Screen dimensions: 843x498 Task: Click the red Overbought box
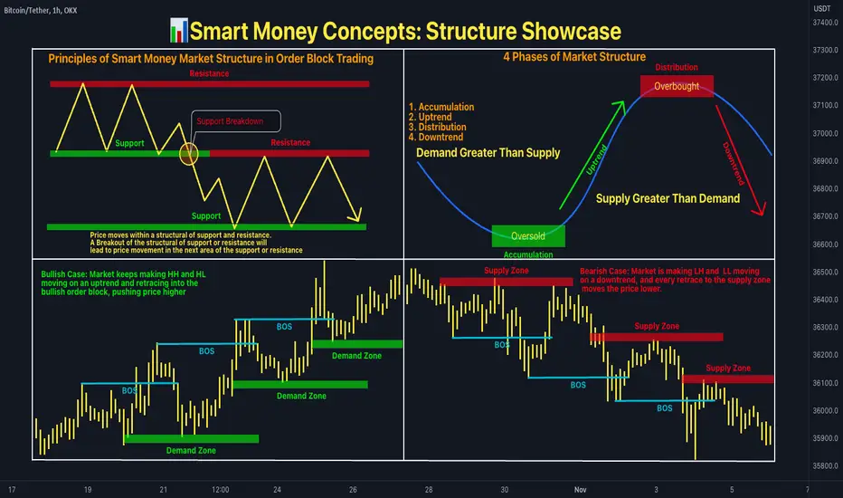(677, 86)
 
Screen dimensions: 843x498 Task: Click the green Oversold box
(528, 235)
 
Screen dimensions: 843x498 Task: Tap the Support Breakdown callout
(235, 121)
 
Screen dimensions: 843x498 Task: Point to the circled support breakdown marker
(188, 154)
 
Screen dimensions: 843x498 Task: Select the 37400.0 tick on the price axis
(825, 23)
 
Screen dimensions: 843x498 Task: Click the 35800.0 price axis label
(825, 465)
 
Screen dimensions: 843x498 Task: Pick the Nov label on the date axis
(580, 489)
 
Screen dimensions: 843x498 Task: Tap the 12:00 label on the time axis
(221, 489)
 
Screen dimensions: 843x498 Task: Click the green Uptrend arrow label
(596, 160)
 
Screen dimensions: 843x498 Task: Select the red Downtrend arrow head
(759, 209)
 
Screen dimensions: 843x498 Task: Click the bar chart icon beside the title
(178, 31)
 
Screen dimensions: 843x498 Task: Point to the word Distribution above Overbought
(677, 67)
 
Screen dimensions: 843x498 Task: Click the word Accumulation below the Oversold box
(528, 254)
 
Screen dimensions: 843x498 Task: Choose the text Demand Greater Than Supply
(488, 153)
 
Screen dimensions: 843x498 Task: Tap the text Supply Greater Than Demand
(668, 198)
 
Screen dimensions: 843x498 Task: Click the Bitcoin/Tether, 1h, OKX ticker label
(41, 10)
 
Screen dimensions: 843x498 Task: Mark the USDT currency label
(822, 9)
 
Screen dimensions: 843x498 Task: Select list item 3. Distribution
(437, 127)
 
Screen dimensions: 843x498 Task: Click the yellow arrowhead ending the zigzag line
(355, 215)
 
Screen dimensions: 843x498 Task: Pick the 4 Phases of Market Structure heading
(574, 57)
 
